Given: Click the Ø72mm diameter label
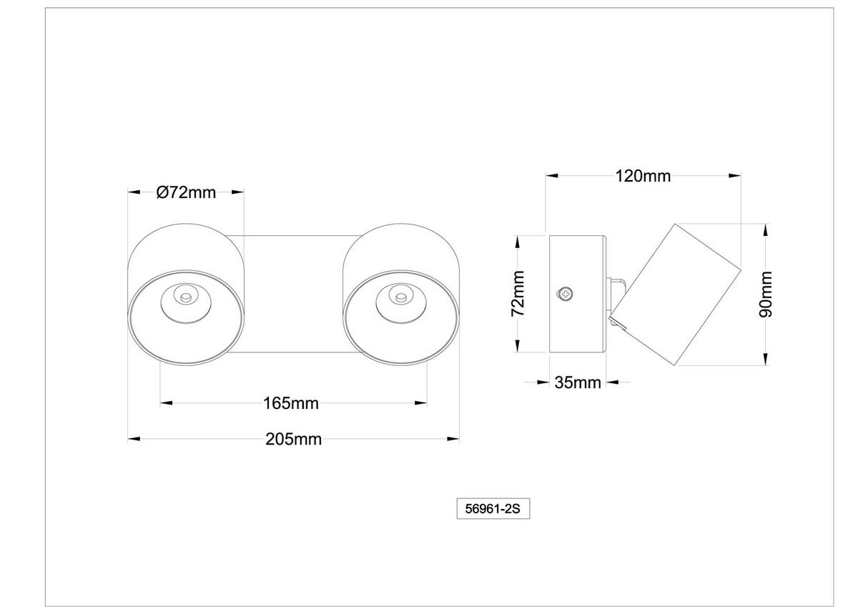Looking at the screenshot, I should (x=186, y=192).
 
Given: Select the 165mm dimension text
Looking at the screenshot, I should (x=291, y=403).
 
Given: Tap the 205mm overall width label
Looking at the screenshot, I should (x=293, y=439).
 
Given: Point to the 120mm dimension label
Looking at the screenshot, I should (x=643, y=176).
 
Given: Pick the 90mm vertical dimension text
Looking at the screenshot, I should (x=766, y=293).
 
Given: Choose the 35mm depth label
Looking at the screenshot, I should (x=578, y=383).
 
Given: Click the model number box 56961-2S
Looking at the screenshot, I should (x=493, y=509).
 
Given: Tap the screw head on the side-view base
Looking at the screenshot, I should (x=566, y=292).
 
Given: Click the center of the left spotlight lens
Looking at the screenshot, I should (x=185, y=295).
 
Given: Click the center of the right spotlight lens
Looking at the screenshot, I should (x=399, y=295).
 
